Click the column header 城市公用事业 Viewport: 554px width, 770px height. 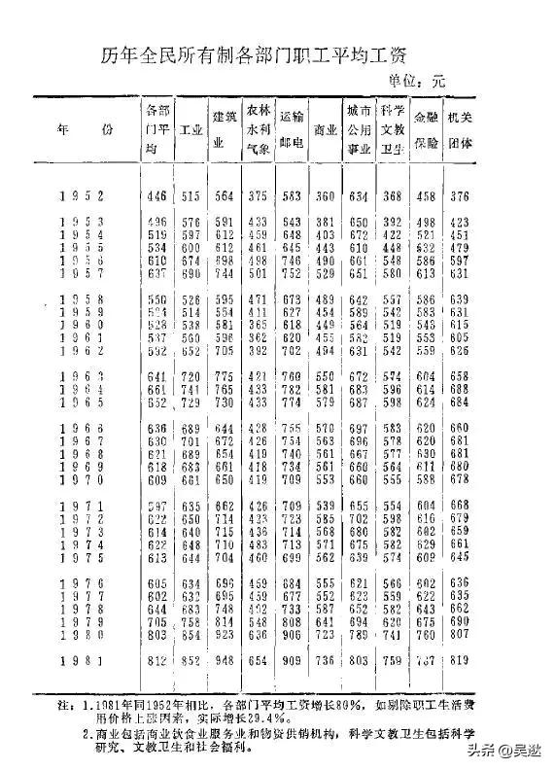point(359,128)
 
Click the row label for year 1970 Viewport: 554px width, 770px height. point(79,479)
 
